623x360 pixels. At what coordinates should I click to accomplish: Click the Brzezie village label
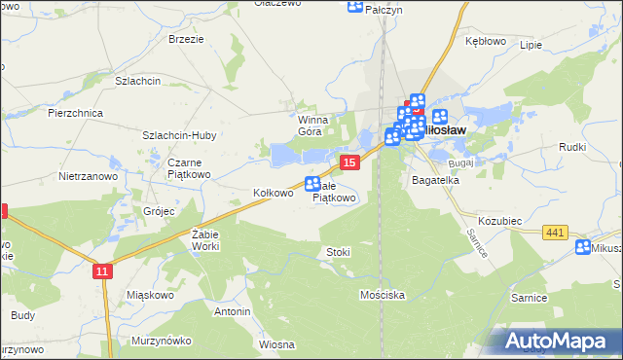pyautogui.click(x=185, y=39)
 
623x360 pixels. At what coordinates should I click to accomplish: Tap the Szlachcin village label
pyautogui.click(x=137, y=81)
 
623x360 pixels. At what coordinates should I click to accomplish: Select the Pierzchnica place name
pyautogui.click(x=75, y=113)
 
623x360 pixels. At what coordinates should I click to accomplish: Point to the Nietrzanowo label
pyautogui.click(x=88, y=177)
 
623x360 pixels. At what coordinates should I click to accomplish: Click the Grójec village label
pyautogui.click(x=157, y=210)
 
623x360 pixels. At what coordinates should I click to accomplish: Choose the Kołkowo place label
pyautogui.click(x=273, y=193)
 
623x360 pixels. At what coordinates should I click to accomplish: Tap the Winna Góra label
pyautogui.click(x=316, y=125)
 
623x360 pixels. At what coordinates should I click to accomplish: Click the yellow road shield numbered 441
pyautogui.click(x=556, y=231)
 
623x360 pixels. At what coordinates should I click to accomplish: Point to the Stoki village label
pyautogui.click(x=338, y=252)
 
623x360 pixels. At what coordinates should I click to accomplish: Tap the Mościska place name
pyautogui.click(x=382, y=294)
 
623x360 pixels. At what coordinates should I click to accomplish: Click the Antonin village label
pyautogui.click(x=233, y=311)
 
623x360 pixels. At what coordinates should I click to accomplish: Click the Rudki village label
pyautogui.click(x=571, y=147)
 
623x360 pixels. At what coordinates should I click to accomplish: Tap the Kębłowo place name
pyautogui.click(x=486, y=42)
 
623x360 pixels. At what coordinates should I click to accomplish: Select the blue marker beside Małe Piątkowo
pyautogui.click(x=313, y=183)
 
